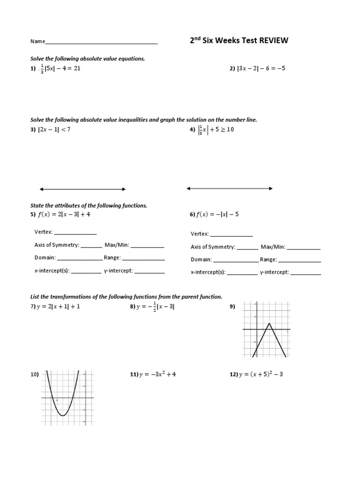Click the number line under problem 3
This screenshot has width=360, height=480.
tap(82, 189)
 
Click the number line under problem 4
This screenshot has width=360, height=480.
tap(230, 188)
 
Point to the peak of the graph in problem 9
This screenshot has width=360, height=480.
tap(269, 323)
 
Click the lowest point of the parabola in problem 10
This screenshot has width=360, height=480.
tap(62, 415)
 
